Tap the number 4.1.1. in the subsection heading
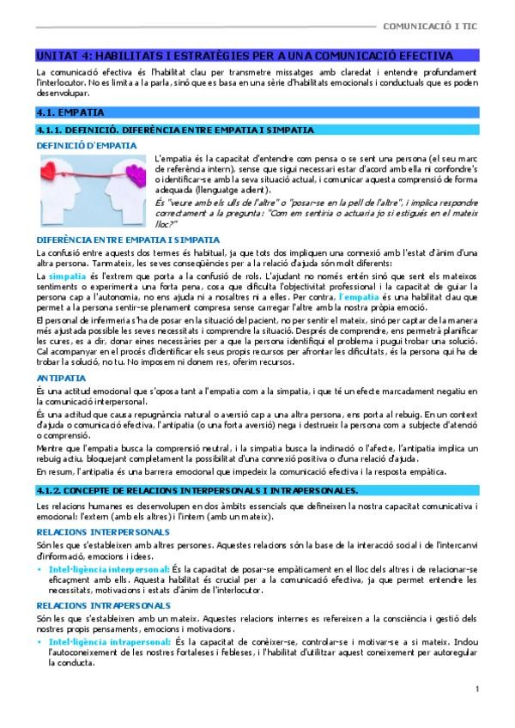(x=49, y=130)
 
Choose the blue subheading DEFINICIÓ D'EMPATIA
(x=86, y=146)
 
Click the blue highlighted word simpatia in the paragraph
(x=68, y=277)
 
